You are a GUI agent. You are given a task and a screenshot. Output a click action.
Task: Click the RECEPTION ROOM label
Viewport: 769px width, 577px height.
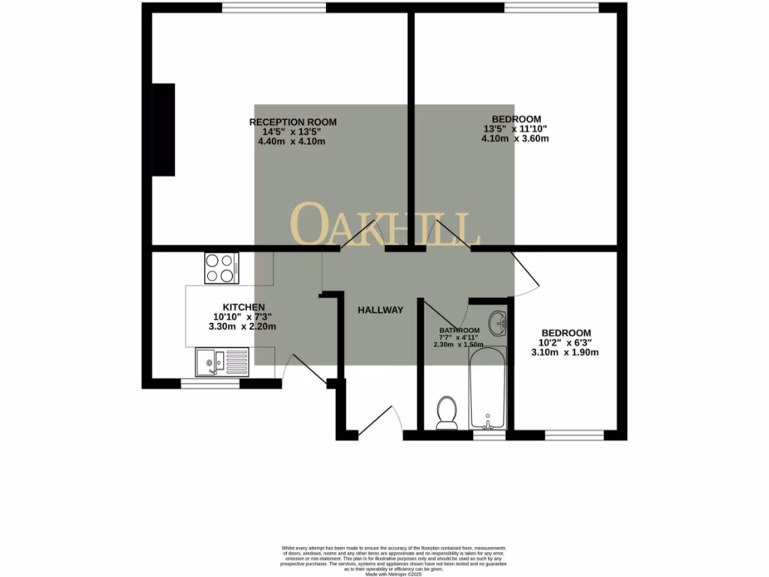coord(293,122)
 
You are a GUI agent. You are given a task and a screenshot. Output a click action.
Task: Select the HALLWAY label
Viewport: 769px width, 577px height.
coord(381,310)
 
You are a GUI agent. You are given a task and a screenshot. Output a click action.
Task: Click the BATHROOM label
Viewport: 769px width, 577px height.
coord(460,331)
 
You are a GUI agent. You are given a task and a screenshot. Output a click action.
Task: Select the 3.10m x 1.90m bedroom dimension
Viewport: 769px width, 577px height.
coord(565,352)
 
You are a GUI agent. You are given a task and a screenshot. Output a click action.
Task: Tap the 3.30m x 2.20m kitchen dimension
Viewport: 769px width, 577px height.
coord(243,327)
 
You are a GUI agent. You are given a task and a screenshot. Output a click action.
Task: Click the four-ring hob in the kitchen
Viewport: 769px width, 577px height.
coord(222,268)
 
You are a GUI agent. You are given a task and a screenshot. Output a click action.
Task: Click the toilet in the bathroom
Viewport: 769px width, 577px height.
coord(447,412)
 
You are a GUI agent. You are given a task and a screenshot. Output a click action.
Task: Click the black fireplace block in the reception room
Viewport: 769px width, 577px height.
coord(164,129)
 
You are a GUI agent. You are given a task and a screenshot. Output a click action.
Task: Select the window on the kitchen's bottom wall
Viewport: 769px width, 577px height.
coord(211,384)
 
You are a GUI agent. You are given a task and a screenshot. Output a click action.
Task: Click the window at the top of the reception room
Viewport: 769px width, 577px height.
coord(274,8)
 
